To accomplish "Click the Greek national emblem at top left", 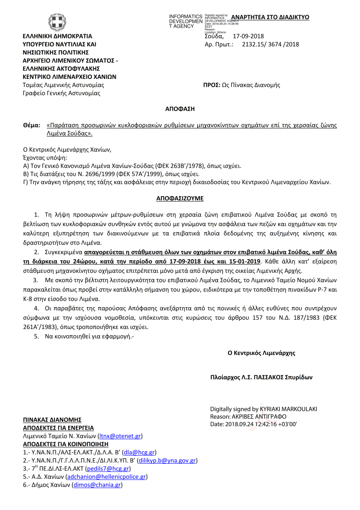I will pos(57,22).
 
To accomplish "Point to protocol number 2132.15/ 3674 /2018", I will pos(270,44).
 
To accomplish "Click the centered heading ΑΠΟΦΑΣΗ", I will pos(180,109).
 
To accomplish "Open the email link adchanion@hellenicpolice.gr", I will pos(106,477).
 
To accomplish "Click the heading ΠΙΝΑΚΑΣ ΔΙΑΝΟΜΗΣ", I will pos(52,420).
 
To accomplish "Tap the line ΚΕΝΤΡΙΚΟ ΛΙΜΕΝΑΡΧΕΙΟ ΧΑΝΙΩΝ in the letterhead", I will pos(70,76).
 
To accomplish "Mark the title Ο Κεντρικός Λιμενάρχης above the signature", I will pos(262,353).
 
